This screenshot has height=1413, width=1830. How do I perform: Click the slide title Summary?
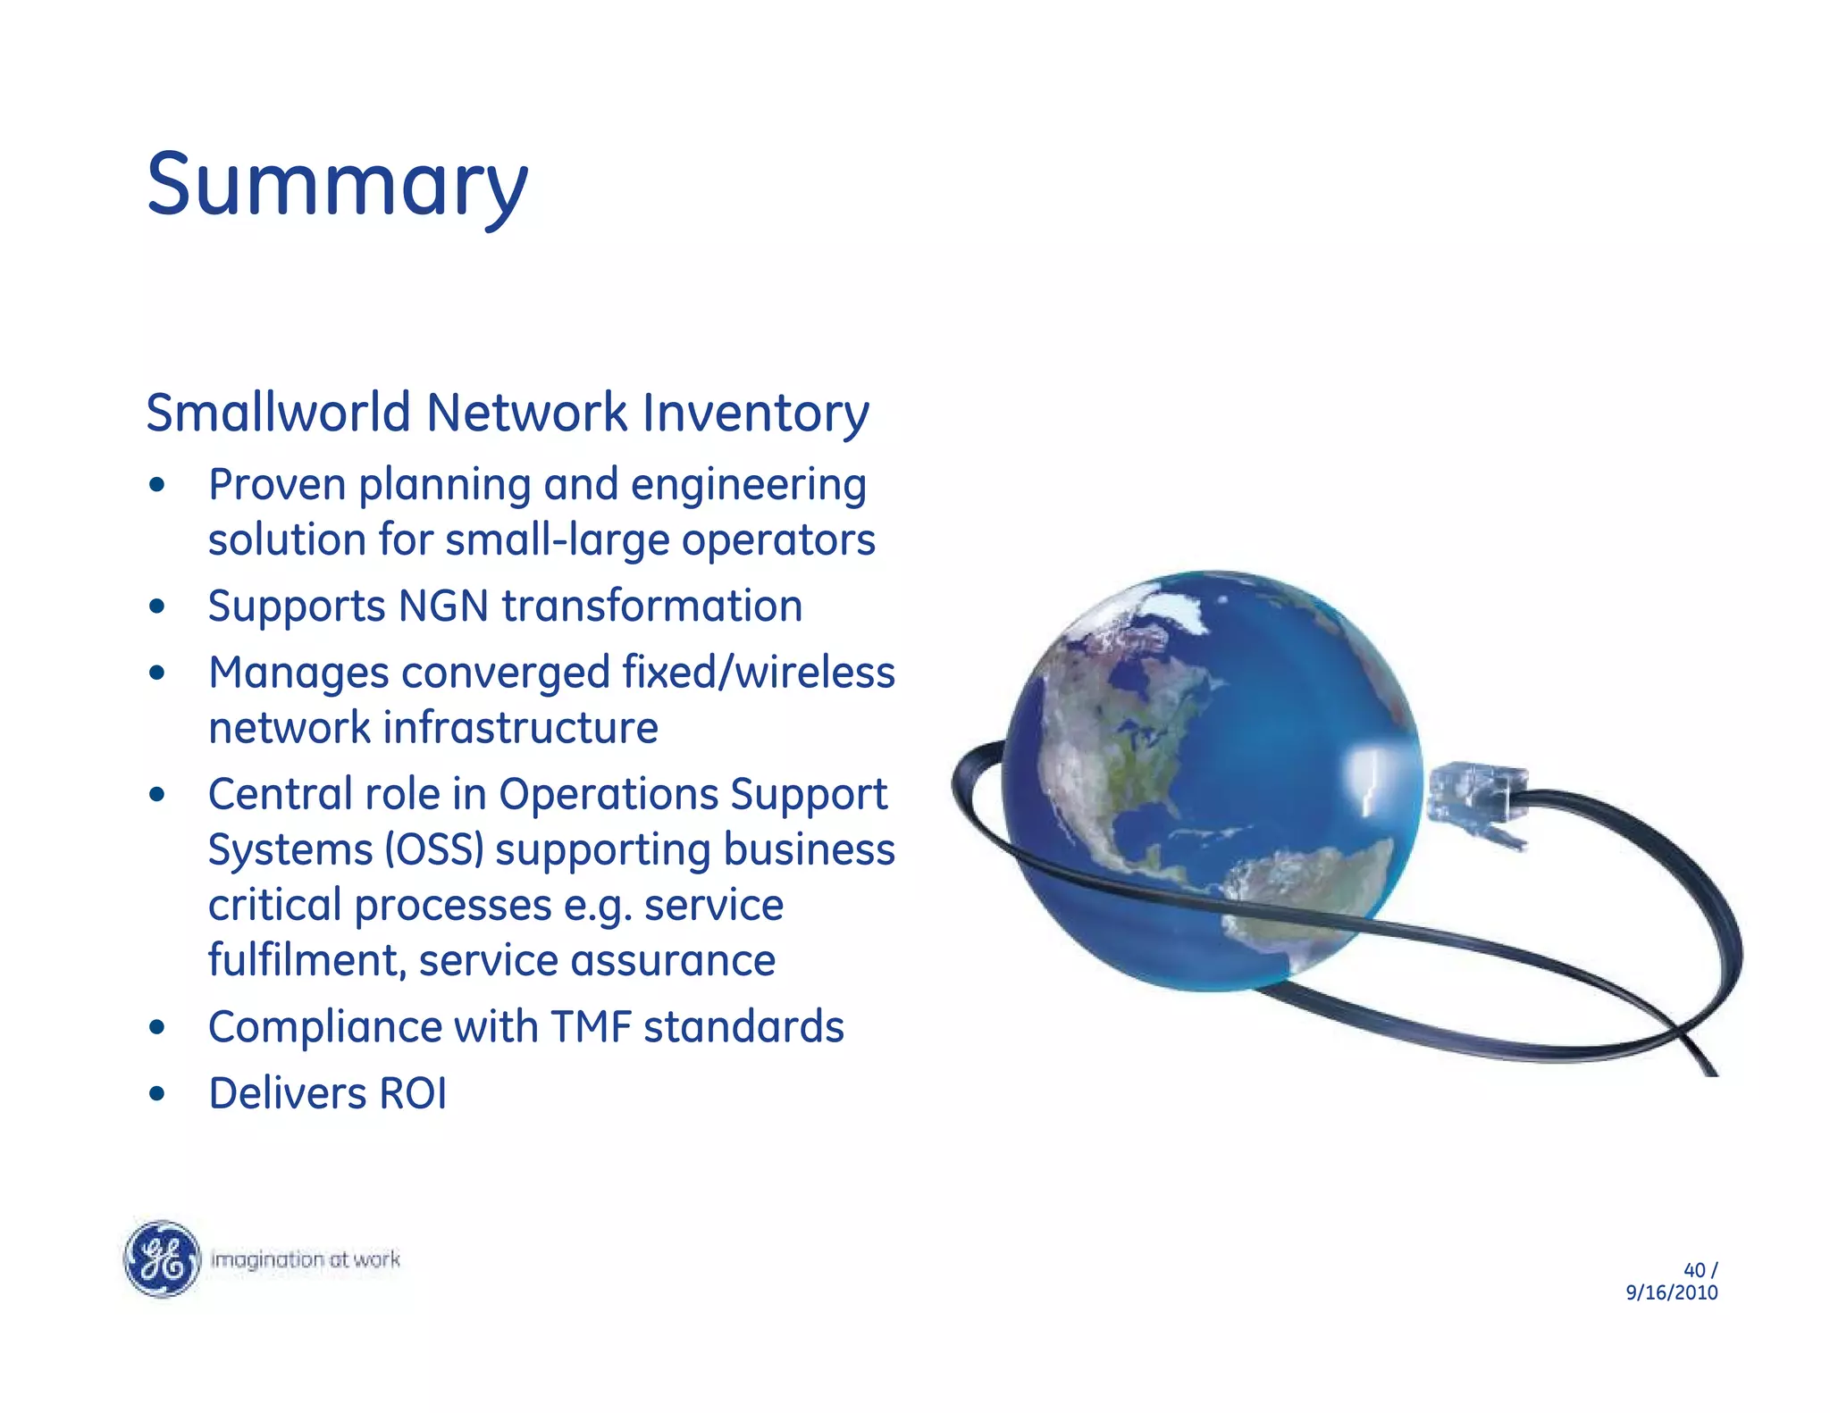337,185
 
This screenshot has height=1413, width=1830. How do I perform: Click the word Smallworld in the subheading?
278,414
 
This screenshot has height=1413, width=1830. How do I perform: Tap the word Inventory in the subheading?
755,414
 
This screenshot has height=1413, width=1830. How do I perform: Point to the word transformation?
651,606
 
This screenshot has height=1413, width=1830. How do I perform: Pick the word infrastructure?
522,728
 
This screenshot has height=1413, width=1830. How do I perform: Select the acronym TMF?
591,1027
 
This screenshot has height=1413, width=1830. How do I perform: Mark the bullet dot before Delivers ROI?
157,1095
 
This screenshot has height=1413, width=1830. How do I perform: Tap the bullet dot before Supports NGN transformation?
157,607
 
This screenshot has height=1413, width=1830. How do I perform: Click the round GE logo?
162,1259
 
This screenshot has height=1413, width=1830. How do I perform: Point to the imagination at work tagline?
305,1259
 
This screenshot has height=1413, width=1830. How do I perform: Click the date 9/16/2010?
1671,1293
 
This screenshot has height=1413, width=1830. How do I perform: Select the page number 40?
1693,1270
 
